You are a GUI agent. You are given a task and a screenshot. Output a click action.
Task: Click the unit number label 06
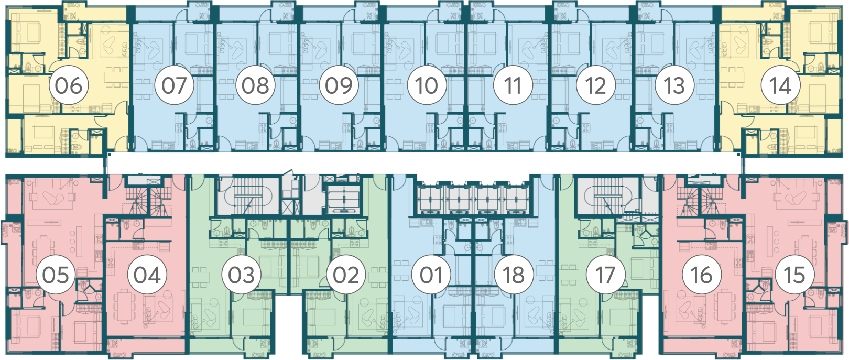pos(69,85)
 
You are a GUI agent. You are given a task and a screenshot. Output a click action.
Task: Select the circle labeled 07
pos(175,85)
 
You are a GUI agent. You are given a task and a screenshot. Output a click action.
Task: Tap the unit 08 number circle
pos(255,85)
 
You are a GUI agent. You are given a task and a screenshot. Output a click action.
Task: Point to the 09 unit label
pos(339,85)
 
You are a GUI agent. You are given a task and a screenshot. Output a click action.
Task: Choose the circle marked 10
pos(427,85)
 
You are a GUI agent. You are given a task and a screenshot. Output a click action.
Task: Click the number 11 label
pos(513,85)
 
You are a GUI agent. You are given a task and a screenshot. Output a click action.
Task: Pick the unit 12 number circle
pos(596,85)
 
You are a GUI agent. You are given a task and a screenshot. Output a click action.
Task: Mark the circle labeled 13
pos(674,85)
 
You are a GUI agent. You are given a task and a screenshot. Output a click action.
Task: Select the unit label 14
pos(781,85)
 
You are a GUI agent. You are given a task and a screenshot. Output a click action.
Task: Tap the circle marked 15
pos(794,275)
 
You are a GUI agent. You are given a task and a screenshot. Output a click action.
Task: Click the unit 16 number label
pos(702,275)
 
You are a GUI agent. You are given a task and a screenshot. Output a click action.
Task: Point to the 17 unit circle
pos(606,275)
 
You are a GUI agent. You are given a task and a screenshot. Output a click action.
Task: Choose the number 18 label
pos(514,275)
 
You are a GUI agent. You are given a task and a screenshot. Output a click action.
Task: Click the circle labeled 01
pos(431,275)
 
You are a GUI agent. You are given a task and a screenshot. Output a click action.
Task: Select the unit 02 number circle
pos(346,275)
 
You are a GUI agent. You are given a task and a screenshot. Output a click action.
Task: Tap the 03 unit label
pos(242,275)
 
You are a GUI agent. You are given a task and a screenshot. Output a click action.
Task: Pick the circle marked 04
pos(147,275)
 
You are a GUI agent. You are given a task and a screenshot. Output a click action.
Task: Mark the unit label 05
pos(56,275)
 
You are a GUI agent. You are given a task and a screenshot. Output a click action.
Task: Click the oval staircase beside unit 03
pos(248,197)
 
